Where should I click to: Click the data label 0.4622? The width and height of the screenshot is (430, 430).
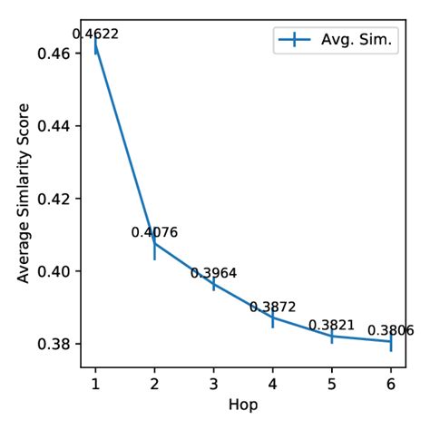pyautogui.click(x=95, y=34)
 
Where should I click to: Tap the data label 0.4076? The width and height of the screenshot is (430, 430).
pyautogui.click(x=154, y=232)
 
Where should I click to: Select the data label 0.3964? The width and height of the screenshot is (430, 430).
pyautogui.click(x=213, y=272)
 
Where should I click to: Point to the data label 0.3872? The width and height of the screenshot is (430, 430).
pyautogui.click(x=273, y=308)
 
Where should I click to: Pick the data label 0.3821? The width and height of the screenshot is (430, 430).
pyautogui.click(x=331, y=325)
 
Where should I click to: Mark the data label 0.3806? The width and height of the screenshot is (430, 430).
pyautogui.click(x=390, y=330)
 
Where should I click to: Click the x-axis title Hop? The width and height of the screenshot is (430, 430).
pyautogui.click(x=243, y=406)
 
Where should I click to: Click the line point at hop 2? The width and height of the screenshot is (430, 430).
pyautogui.click(x=154, y=243)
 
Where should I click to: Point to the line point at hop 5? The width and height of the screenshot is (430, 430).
pyautogui.click(x=332, y=336)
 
